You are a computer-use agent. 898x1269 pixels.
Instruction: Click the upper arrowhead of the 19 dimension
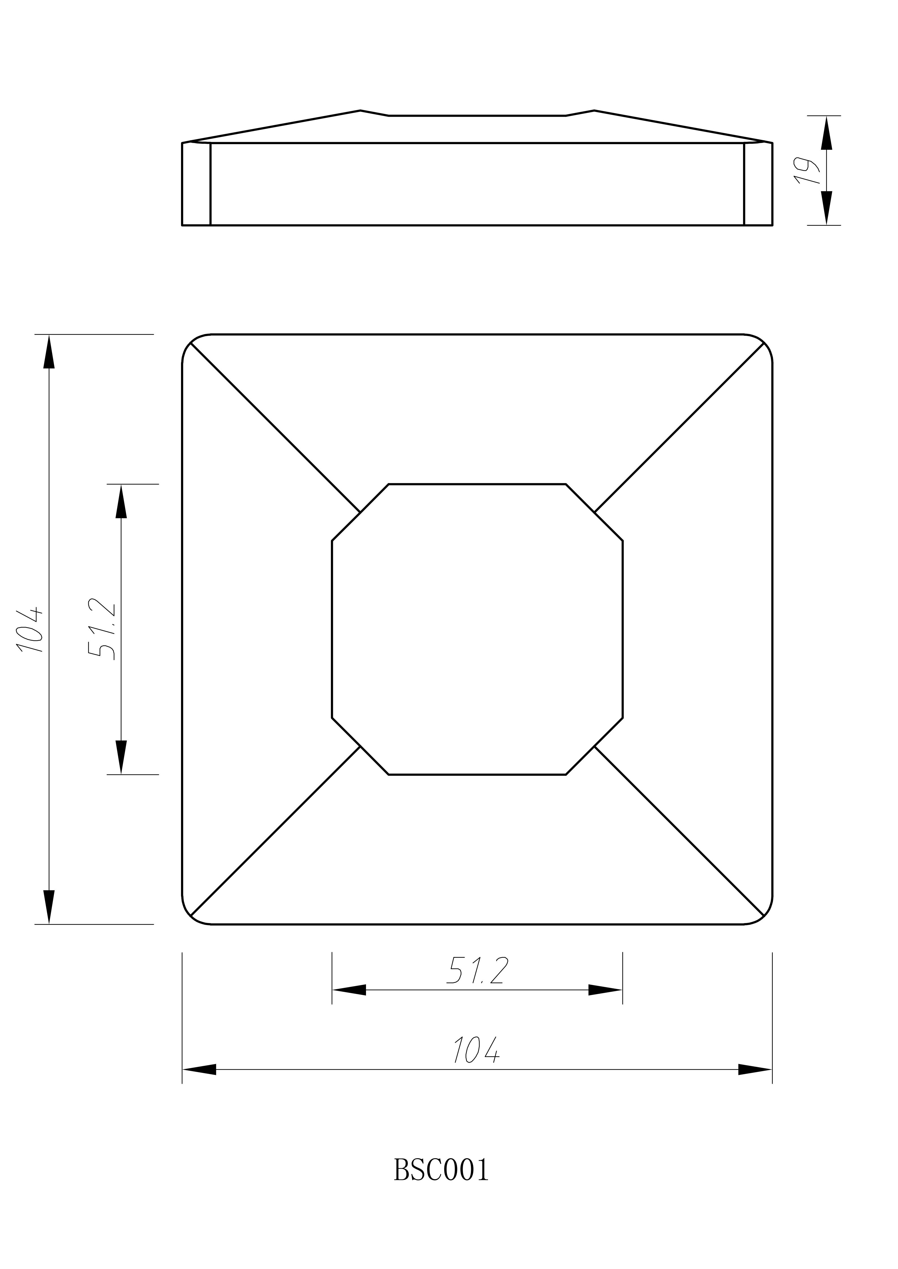[826, 133]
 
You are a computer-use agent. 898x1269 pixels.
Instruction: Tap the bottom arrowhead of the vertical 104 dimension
[49, 906]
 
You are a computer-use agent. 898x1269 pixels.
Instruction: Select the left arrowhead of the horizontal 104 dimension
[200, 1069]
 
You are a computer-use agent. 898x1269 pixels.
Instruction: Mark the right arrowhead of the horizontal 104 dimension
[754, 1069]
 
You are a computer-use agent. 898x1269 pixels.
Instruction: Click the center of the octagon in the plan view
[477, 629]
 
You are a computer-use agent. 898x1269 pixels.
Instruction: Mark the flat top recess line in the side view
[477, 116]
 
